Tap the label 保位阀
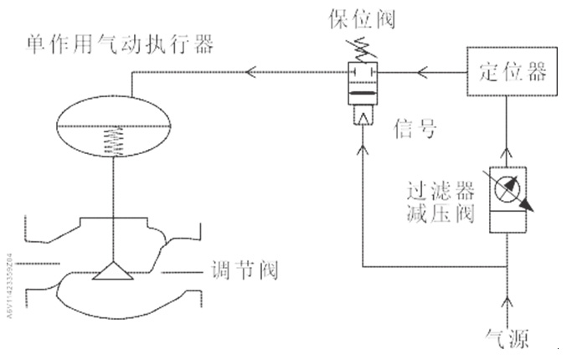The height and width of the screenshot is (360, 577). pyautogui.click(x=364, y=18)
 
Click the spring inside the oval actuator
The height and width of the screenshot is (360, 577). pyautogui.click(x=111, y=142)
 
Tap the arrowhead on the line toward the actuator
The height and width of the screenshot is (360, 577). pyautogui.click(x=250, y=73)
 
